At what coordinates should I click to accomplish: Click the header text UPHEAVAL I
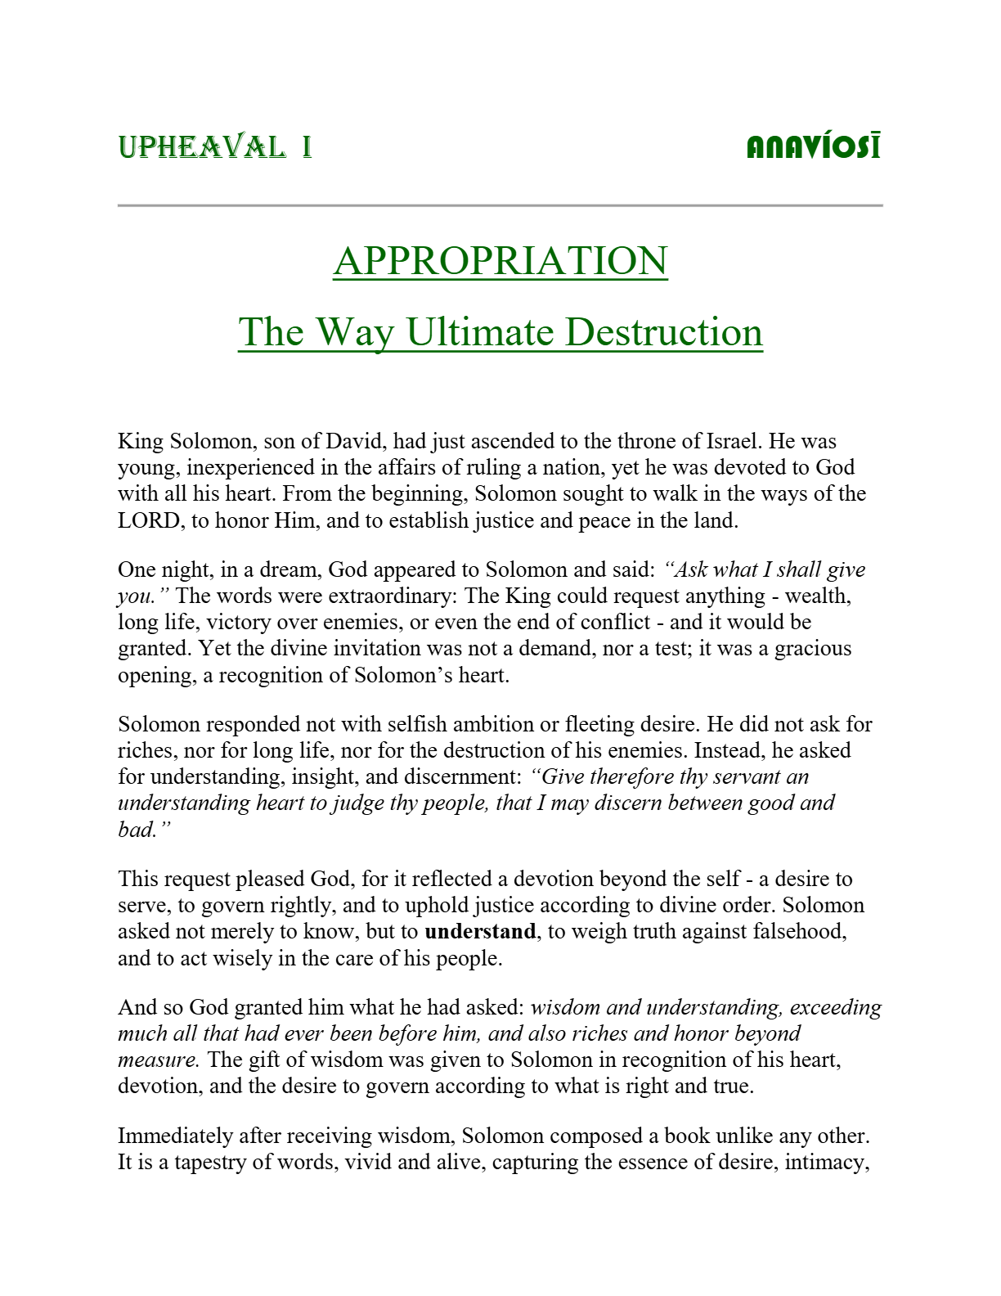(215, 147)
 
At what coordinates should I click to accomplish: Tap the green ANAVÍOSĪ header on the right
(814, 147)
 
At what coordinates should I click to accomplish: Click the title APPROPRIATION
(500, 261)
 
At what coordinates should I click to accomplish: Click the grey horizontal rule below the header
(500, 205)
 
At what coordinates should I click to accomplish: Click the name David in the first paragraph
(354, 442)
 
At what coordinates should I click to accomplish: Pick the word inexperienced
(257, 468)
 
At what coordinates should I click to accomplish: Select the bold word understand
(480, 932)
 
